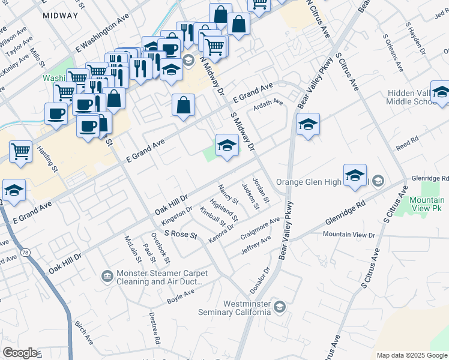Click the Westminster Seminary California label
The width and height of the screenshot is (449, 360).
pos(235,307)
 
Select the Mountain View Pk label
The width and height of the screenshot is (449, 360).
pos(427,204)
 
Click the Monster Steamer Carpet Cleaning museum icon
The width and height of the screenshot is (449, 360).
pos(107,275)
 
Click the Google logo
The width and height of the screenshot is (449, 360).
pos(20,353)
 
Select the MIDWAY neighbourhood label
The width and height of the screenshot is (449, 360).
pos(60,16)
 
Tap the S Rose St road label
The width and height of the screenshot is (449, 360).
pos(180,235)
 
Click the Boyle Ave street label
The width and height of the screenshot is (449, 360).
pos(181,294)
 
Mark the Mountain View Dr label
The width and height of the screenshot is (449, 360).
pos(348,235)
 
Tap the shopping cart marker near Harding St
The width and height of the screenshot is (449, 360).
pos(21,152)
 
